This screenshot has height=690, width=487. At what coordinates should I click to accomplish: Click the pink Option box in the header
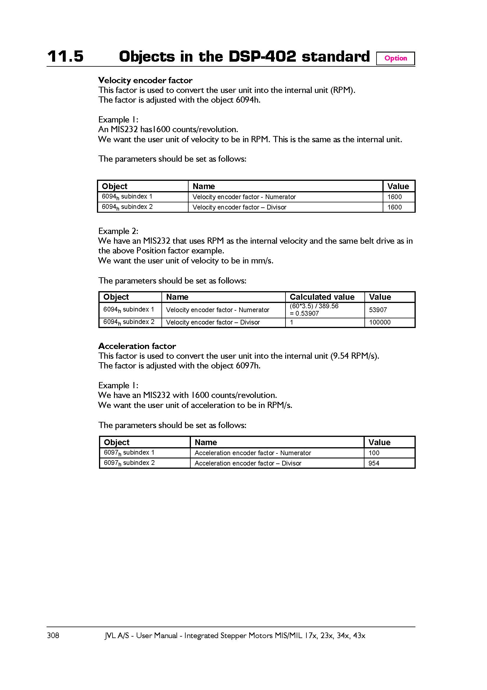[395, 58]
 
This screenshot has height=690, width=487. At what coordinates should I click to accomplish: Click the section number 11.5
[65, 57]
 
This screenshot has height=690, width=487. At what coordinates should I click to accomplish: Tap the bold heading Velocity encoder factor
[145, 80]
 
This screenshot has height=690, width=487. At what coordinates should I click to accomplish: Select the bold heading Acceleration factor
[137, 346]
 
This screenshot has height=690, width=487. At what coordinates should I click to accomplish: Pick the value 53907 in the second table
[378, 310]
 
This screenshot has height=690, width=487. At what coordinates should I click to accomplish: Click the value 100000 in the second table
[379, 322]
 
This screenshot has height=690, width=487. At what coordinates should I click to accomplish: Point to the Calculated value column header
[322, 297]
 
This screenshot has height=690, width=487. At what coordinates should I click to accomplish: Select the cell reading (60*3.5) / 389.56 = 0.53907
[314, 310]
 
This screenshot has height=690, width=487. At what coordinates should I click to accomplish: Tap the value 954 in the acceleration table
[374, 463]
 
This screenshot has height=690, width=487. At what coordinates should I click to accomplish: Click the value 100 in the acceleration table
[374, 453]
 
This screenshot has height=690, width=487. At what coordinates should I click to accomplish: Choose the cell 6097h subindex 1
[129, 453]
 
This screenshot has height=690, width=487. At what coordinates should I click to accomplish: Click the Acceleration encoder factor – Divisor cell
[248, 463]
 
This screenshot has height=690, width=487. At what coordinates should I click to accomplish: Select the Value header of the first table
[398, 186]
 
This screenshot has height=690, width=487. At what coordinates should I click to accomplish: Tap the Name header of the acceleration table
[206, 442]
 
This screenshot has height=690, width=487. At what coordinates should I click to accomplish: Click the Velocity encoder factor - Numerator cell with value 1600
[244, 197]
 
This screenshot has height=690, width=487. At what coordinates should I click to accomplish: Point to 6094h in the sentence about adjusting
[247, 100]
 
